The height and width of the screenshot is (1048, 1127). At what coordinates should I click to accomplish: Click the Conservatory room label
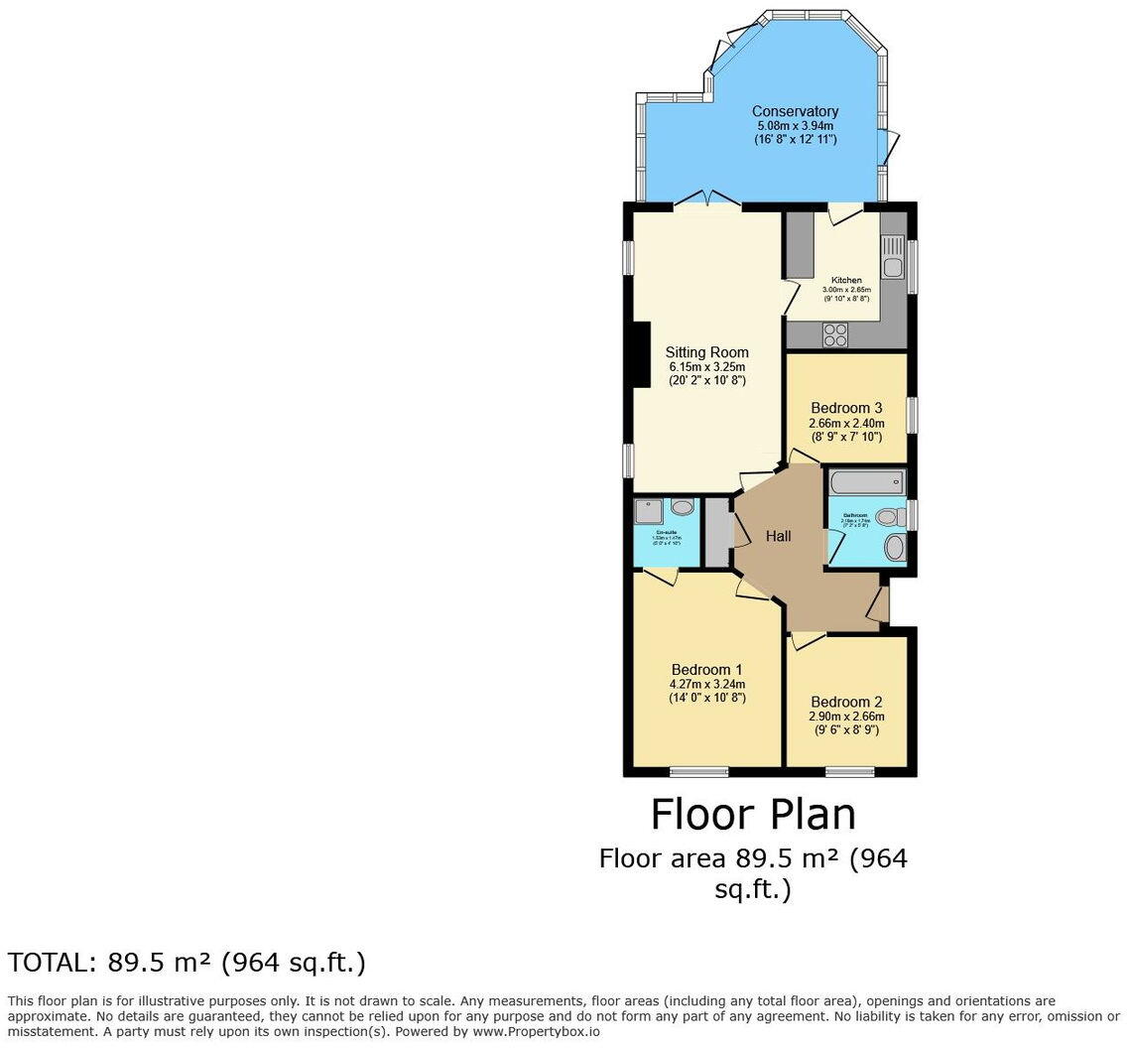(x=794, y=111)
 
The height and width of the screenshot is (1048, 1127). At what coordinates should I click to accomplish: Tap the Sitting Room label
(x=706, y=352)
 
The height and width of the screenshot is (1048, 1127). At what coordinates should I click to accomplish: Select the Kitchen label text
(x=846, y=280)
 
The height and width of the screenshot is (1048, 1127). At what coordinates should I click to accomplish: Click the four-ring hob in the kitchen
(x=835, y=335)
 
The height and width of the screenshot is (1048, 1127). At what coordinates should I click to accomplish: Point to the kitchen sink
(x=892, y=256)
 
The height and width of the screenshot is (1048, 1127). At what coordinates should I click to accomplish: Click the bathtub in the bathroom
(x=866, y=483)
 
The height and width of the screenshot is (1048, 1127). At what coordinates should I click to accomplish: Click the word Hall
(x=778, y=537)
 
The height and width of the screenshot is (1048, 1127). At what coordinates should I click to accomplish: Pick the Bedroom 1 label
(x=706, y=669)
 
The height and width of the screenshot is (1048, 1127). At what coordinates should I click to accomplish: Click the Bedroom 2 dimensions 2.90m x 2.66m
(x=846, y=717)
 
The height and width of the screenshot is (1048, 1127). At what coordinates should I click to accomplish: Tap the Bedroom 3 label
(x=846, y=408)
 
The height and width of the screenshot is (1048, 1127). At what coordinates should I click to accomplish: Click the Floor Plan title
(x=753, y=815)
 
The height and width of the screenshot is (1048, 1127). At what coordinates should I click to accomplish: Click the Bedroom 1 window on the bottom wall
(x=698, y=771)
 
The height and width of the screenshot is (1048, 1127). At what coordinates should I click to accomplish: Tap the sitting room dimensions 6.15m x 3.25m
(x=706, y=367)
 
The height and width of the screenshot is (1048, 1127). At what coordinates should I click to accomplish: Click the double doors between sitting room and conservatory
(x=707, y=202)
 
